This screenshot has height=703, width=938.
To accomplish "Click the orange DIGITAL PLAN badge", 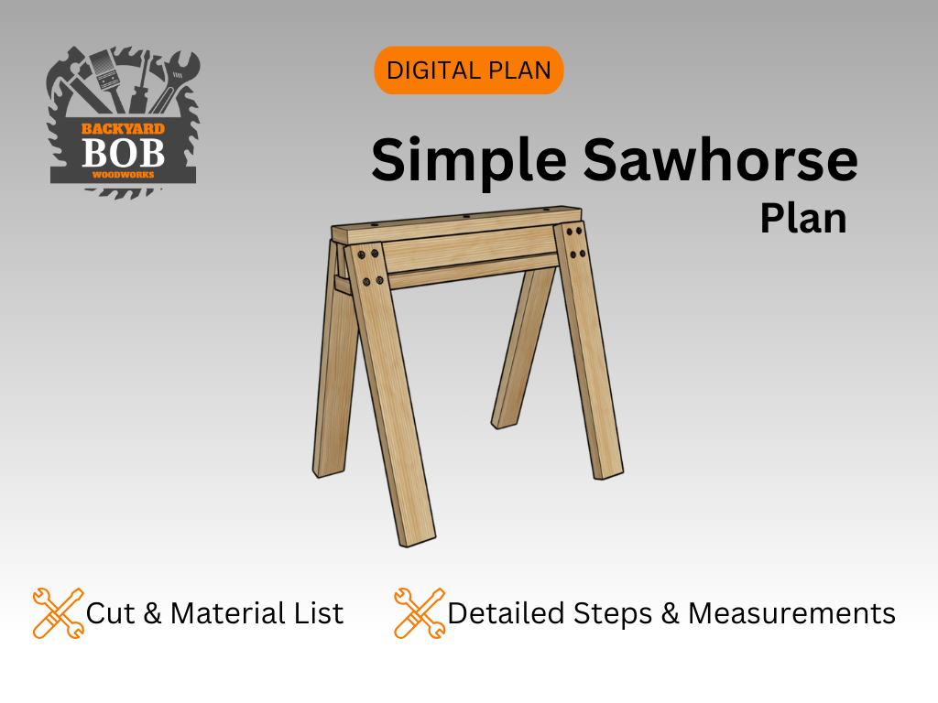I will point(468,70).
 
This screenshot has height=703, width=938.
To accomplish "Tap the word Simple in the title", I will point(468,159).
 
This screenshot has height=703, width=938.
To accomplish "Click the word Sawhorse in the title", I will point(720,159).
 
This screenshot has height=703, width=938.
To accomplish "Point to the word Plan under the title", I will point(802,219).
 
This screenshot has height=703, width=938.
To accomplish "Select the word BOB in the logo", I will point(123,152).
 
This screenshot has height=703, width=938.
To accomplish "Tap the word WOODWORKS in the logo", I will point(122,173).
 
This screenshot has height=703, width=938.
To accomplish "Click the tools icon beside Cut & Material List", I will point(58,612).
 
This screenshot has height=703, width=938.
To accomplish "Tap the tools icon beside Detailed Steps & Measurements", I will point(420,612).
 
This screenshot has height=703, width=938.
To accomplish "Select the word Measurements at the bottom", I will point(791,612).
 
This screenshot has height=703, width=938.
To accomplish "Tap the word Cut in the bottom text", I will point(110,612).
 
